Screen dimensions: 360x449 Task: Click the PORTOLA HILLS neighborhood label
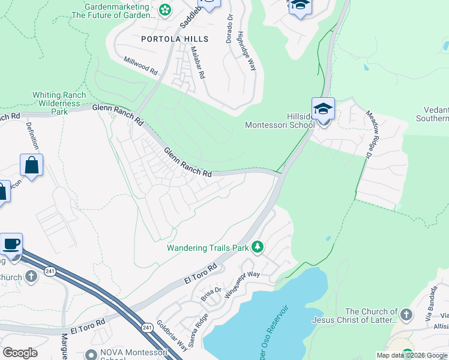[x=174, y=39]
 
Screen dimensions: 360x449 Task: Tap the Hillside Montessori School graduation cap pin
[x=323, y=110]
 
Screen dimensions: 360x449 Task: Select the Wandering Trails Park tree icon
[x=258, y=247]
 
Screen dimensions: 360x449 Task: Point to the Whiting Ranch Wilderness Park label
[x=59, y=103]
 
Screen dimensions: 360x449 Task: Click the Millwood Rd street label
[x=140, y=65]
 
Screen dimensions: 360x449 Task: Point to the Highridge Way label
[x=247, y=51]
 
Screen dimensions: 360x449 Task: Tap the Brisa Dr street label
[x=208, y=293]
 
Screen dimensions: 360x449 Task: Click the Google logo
[x=20, y=353]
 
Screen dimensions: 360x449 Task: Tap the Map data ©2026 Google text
[x=412, y=355]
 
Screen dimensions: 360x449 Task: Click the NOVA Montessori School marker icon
[x=91, y=355]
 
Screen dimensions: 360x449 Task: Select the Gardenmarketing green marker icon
[x=166, y=10]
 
